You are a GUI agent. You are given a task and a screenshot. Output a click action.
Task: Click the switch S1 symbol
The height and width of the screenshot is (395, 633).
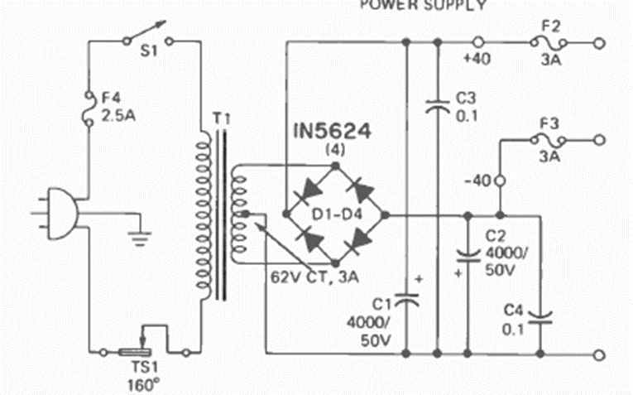[146, 38]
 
